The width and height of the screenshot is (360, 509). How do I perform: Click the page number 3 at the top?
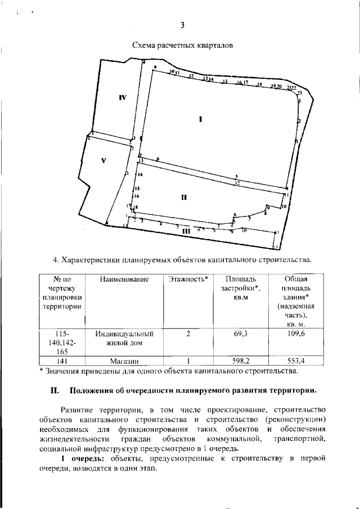(x=182, y=25)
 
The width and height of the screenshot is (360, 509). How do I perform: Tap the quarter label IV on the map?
(x=123, y=97)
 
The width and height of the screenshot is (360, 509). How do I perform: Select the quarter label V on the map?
(x=103, y=160)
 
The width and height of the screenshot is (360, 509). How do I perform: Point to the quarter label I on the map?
(x=200, y=119)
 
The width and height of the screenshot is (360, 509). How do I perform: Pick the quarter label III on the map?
(x=186, y=231)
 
